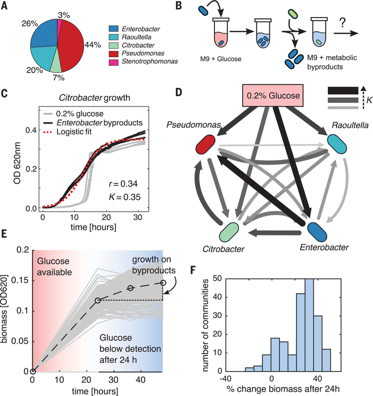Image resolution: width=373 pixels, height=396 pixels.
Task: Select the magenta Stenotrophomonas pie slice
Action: tap(60, 26)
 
